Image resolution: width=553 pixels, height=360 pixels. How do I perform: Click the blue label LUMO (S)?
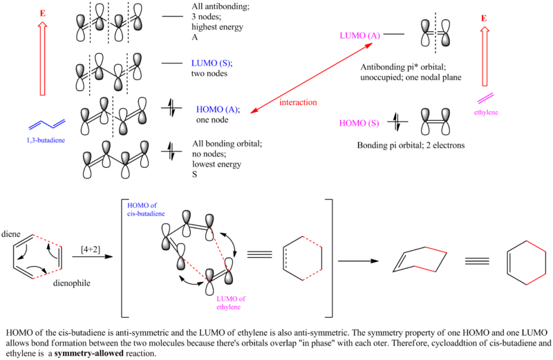click(x=211, y=63)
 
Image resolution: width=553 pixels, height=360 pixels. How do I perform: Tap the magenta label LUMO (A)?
click(x=359, y=36)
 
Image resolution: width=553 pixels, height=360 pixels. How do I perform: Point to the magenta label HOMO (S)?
click(x=359, y=123)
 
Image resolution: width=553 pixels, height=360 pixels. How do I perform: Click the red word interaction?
click(x=298, y=102)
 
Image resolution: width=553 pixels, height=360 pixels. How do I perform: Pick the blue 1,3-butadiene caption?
click(x=46, y=140)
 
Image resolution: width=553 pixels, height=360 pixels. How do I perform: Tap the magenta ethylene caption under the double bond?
click(x=486, y=113)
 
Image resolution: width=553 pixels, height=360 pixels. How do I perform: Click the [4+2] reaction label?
click(x=91, y=249)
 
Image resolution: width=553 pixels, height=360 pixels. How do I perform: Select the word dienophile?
click(x=72, y=283)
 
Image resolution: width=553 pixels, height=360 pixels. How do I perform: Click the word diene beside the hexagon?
click(x=11, y=234)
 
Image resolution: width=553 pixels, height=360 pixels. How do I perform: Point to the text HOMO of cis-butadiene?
click(x=146, y=209)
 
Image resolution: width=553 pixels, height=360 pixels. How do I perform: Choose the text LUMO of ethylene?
click(x=231, y=303)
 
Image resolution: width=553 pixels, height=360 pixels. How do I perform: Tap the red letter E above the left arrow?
click(x=43, y=13)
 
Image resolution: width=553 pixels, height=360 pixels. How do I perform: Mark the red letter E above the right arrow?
click(x=484, y=19)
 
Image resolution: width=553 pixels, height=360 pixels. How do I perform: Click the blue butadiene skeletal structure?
click(x=47, y=124)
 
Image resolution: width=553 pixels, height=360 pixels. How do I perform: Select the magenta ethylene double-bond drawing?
click(x=485, y=98)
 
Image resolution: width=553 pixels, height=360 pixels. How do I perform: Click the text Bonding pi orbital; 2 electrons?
click(x=411, y=145)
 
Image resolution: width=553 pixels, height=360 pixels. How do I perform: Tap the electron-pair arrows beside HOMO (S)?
click(x=397, y=122)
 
